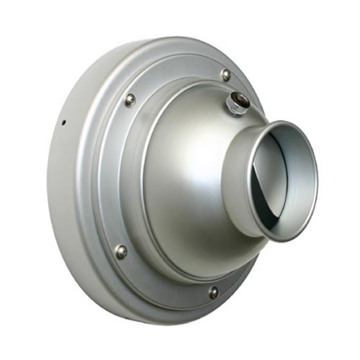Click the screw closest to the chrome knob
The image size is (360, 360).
pyautogui.click(x=226, y=74)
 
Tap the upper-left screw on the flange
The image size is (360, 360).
pyautogui.click(x=130, y=100)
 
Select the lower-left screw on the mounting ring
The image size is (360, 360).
pyautogui.click(x=121, y=251)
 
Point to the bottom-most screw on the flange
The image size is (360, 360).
pyautogui.click(x=214, y=292)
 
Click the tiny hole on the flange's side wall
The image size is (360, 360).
pyautogui.click(x=63, y=121)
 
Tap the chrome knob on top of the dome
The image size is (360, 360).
pyautogui.click(x=237, y=103)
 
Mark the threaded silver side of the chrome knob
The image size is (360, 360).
pyautogui.click(x=233, y=108)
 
